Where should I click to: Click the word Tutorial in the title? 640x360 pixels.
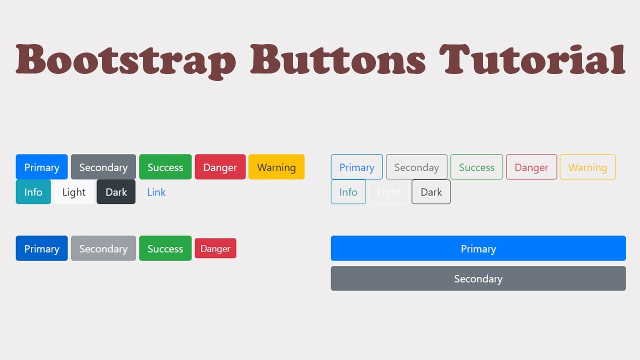tap(532, 60)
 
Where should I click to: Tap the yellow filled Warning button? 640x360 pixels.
tap(276, 167)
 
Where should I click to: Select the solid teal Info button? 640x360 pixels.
tap(33, 192)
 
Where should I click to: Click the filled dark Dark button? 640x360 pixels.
tap(116, 192)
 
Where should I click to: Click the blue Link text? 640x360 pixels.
tap(156, 192)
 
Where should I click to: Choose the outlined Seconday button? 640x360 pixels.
tap(416, 167)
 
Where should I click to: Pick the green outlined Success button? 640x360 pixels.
tap(476, 167)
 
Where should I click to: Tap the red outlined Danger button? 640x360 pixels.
tap(531, 167)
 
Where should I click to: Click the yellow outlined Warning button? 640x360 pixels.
tap(587, 167)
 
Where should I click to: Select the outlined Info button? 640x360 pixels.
tap(348, 192)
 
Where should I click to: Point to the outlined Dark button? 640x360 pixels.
tap(431, 192)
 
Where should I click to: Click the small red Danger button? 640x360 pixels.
tap(215, 248)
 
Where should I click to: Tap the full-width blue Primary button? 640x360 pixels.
tap(478, 248)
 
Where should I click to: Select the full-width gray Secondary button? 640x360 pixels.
tap(478, 278)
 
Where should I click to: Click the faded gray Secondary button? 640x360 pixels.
tap(103, 248)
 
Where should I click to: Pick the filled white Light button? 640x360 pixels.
tap(73, 192)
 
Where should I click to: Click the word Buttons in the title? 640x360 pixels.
tap(338, 60)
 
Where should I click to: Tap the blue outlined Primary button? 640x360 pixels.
tap(356, 167)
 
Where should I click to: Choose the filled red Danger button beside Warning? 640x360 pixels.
tap(220, 167)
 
